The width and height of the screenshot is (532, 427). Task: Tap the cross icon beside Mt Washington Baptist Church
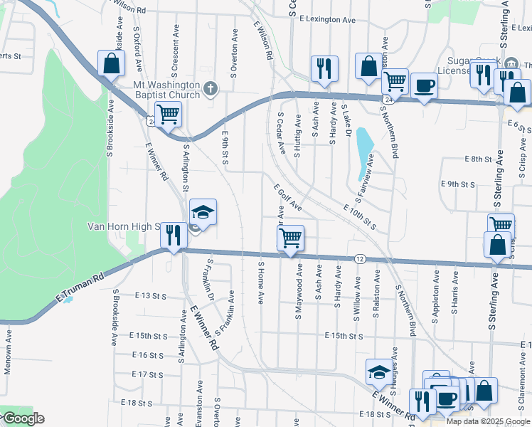pyautogui.click(x=210, y=89)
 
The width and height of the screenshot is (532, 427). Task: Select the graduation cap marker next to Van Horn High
pyautogui.click(x=203, y=213)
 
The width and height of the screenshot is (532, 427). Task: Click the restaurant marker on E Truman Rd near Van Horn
pyautogui.click(x=174, y=234)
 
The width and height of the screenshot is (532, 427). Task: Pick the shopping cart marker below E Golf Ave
pyautogui.click(x=290, y=238)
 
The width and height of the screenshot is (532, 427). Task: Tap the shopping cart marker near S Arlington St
pyautogui.click(x=168, y=113)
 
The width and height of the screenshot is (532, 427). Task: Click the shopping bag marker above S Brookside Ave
pyautogui.click(x=112, y=64)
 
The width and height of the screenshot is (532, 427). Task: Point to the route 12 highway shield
pyautogui.click(x=361, y=259)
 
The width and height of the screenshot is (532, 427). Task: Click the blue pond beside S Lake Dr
pyautogui.click(x=363, y=145)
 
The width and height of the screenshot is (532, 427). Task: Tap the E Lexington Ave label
pyautogui.click(x=328, y=21)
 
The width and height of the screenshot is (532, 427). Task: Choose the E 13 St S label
pyautogui.click(x=150, y=295)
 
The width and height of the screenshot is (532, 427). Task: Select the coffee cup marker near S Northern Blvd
pyautogui.click(x=424, y=86)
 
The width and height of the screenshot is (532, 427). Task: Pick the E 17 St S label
pyautogui.click(x=148, y=374)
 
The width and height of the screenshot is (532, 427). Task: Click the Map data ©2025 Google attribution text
pyautogui.click(x=488, y=421)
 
